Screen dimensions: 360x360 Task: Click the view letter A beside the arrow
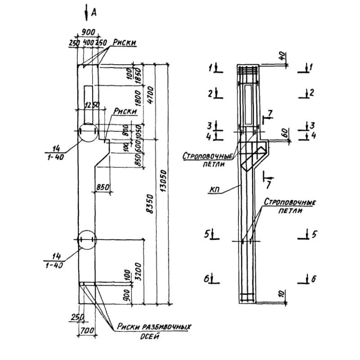pos(94,13)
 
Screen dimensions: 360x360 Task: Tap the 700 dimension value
pos(88,331)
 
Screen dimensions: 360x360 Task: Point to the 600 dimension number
pos(139,145)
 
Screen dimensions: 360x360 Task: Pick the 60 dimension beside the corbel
pos(283,134)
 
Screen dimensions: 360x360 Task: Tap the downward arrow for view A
pos(85,13)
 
